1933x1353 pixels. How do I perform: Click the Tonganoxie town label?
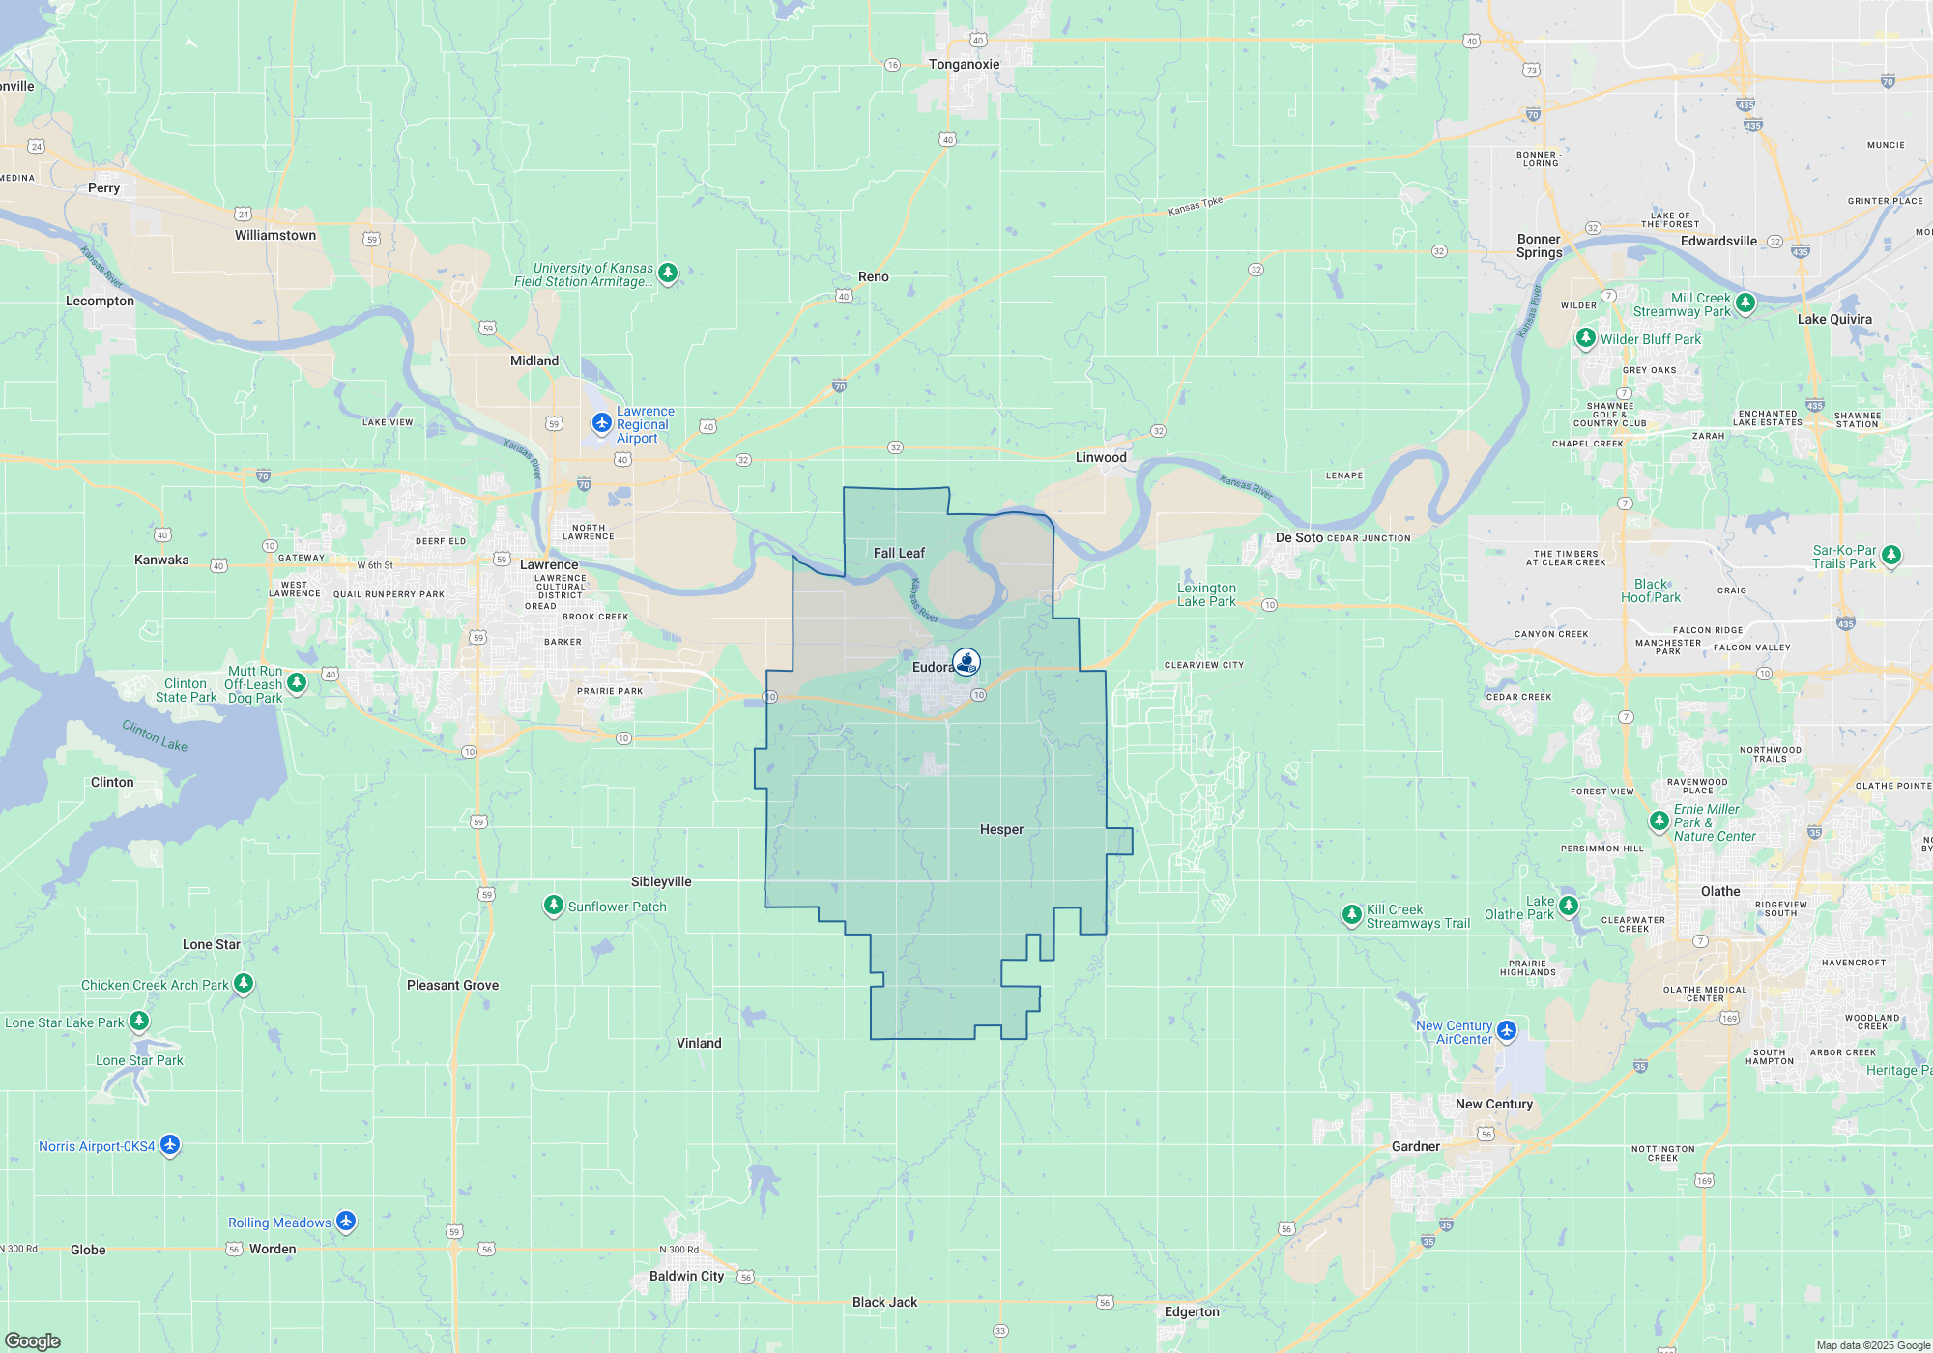[x=964, y=65]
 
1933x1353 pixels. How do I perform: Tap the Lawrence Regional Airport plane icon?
[x=602, y=423]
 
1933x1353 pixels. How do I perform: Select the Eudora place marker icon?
[x=966, y=662]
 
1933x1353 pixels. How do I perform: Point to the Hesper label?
[x=1001, y=830]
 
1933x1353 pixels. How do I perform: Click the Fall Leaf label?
[x=899, y=553]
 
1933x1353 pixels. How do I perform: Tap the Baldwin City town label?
[x=686, y=1276]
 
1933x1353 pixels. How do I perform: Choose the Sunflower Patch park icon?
[x=554, y=906]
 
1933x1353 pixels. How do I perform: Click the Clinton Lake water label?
[x=155, y=735]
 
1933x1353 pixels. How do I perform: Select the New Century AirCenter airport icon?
[x=1507, y=1031]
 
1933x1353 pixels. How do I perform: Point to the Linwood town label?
[x=1101, y=457]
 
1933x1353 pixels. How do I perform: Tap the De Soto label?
[x=1299, y=537]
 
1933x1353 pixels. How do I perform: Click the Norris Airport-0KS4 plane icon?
[x=170, y=1145]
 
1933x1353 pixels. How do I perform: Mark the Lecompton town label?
[x=100, y=301]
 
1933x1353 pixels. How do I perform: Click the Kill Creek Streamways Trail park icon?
[x=1352, y=915]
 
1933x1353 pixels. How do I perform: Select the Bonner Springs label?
[x=1539, y=245]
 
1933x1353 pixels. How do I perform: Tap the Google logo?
[x=33, y=1340]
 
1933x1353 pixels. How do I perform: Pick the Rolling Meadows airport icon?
[x=346, y=1222]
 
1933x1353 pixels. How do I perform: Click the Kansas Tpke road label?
[x=1196, y=206]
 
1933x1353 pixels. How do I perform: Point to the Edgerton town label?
[x=1192, y=1311]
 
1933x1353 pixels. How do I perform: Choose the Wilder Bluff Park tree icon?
[x=1586, y=338]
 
